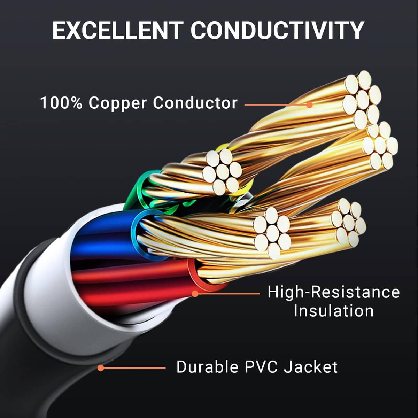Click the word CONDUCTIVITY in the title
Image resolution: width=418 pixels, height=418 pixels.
277,30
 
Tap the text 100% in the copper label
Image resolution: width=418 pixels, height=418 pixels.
61,103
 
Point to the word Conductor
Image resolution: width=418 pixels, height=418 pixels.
195,103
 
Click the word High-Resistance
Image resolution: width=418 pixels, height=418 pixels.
333,292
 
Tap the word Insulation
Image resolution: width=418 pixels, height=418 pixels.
333,311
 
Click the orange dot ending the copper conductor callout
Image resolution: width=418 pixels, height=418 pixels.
309,104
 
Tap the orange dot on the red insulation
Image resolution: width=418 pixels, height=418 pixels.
195,294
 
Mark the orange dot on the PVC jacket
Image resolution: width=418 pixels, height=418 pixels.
101,368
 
